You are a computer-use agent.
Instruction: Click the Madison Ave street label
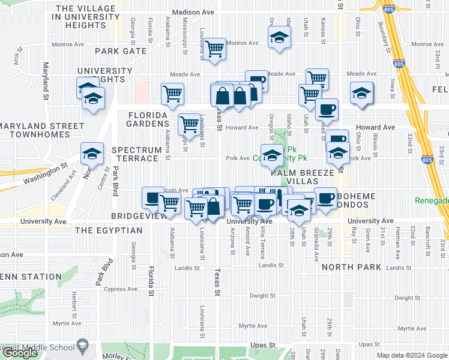[x=192, y=12]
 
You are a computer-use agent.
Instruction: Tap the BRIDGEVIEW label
[x=139, y=215]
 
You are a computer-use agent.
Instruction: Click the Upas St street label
[x=262, y=346]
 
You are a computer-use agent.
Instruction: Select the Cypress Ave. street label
[x=122, y=289]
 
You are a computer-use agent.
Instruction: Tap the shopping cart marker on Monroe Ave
[x=214, y=49]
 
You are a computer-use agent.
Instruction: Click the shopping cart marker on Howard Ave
[x=190, y=124]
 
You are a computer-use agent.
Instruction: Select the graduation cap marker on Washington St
[x=92, y=154]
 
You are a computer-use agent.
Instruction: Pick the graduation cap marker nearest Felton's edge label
[x=361, y=93]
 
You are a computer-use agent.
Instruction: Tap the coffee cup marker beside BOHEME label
[x=325, y=199]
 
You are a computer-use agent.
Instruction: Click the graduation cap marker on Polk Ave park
[x=271, y=155]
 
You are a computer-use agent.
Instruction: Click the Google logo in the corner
[x=20, y=353]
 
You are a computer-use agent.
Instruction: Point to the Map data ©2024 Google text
[x=412, y=355]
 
